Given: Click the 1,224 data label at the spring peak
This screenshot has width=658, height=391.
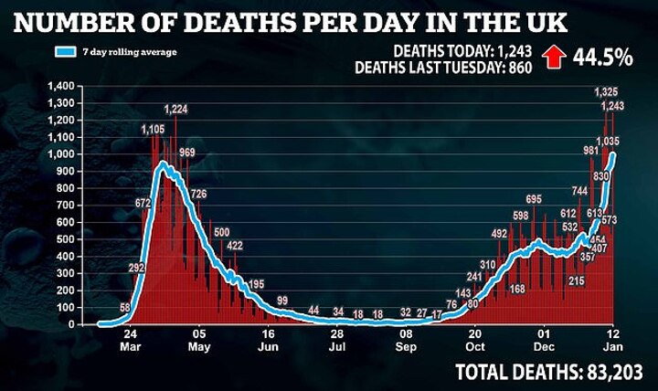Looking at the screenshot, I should (x=176, y=111).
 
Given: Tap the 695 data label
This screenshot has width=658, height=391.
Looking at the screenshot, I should (x=535, y=199).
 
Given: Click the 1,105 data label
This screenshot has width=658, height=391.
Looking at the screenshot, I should (x=154, y=130).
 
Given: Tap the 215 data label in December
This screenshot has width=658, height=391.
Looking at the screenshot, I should (x=577, y=280).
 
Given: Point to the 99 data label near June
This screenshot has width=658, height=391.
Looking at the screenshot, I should (x=282, y=301).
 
